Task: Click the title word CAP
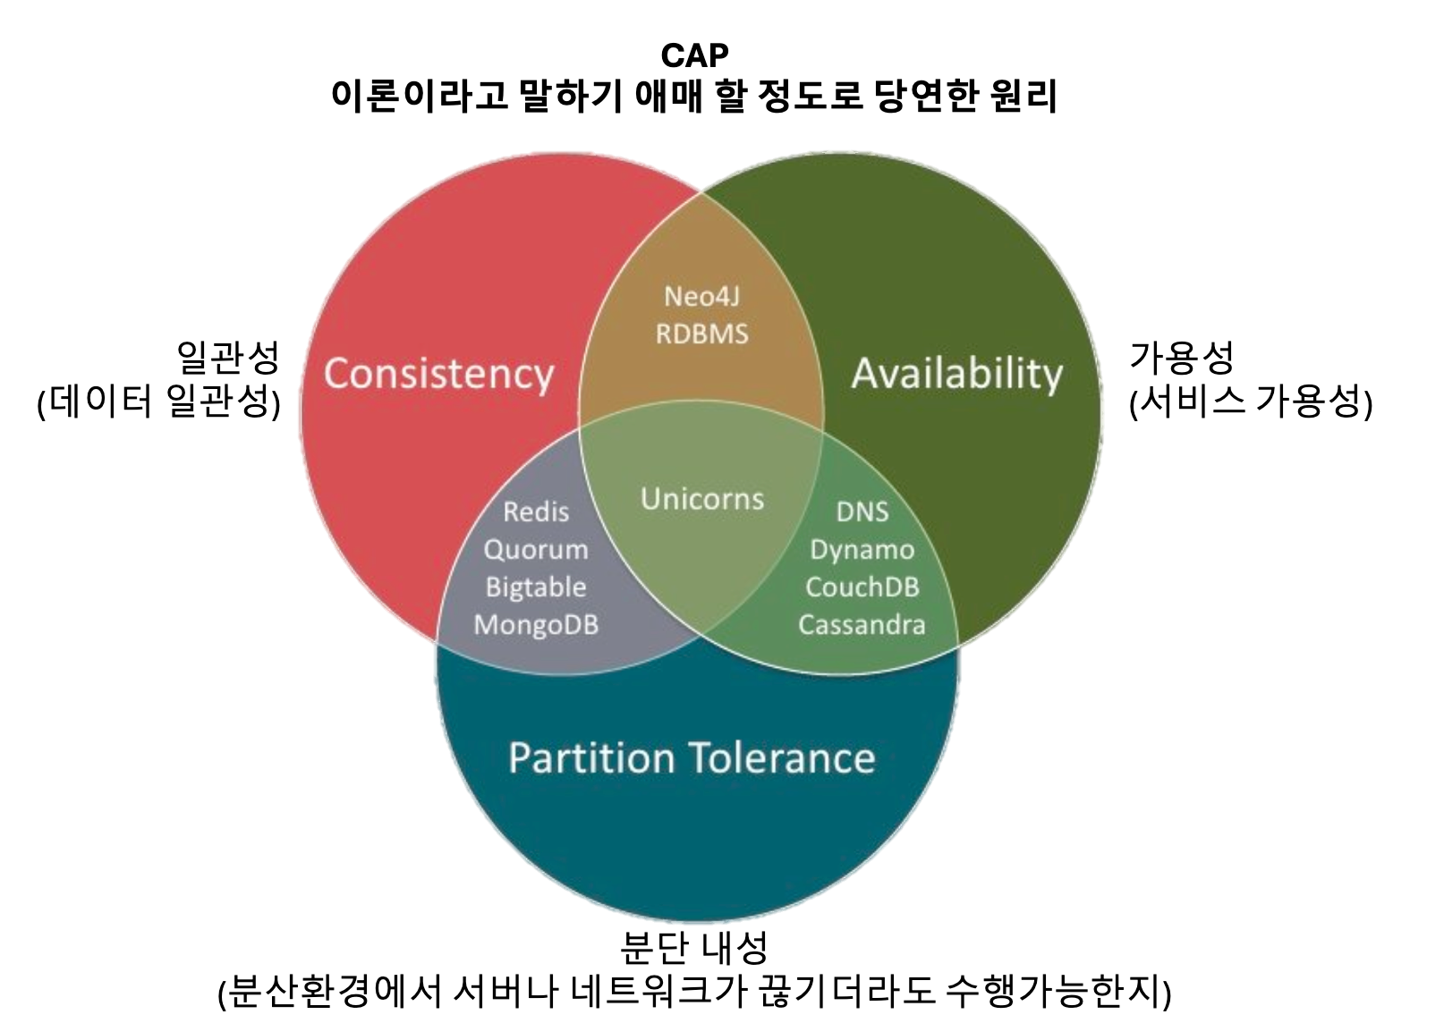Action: click(x=694, y=55)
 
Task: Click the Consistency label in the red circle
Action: click(x=438, y=374)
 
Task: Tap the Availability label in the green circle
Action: click(x=956, y=374)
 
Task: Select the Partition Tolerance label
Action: click(x=692, y=758)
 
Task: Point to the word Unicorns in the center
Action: click(x=702, y=499)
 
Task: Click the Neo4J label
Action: click(x=702, y=296)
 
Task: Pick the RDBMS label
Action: click(x=702, y=334)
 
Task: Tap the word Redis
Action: click(x=536, y=511)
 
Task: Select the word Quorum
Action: click(x=536, y=549)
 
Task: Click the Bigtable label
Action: click(x=536, y=587)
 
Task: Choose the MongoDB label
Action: click(x=536, y=624)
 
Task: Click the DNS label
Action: click(x=862, y=511)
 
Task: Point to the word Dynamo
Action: click(x=862, y=549)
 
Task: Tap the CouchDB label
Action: click(x=862, y=587)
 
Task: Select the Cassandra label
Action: click(x=862, y=624)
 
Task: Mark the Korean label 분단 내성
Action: click(x=694, y=948)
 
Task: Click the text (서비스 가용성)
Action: click(x=1251, y=402)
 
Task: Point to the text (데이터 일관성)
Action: click(x=159, y=402)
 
